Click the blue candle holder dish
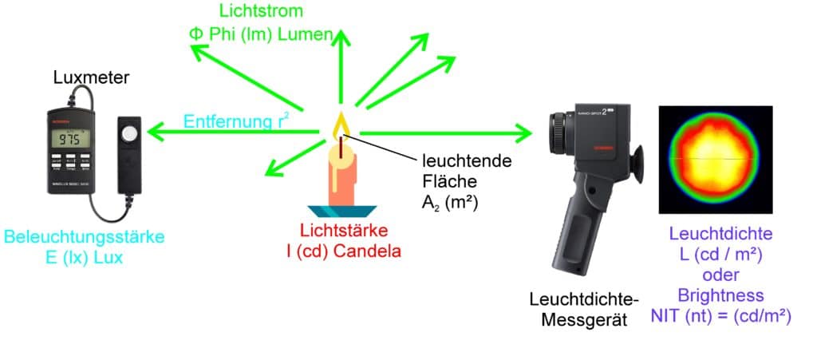pyautogui.click(x=343, y=211)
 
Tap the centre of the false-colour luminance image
pyautogui.click(x=714, y=160)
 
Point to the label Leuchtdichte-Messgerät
pyautogui.click(x=584, y=309)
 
